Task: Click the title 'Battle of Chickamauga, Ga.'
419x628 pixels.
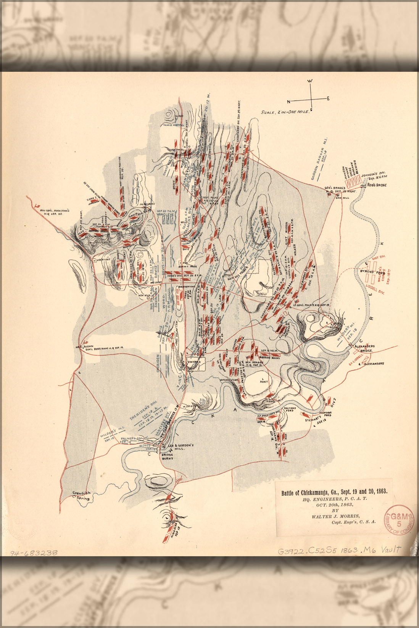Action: [x=334, y=492]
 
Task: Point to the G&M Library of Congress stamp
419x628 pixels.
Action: [x=400, y=521]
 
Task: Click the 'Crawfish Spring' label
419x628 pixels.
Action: [x=82, y=495]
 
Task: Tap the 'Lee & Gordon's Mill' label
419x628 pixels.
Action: [x=181, y=447]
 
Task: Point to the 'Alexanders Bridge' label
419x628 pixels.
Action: [x=364, y=348]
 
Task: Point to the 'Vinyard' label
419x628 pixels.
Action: [x=194, y=361]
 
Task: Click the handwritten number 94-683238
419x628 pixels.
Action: [x=34, y=552]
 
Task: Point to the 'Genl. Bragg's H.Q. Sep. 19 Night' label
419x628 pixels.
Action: [x=340, y=190]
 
